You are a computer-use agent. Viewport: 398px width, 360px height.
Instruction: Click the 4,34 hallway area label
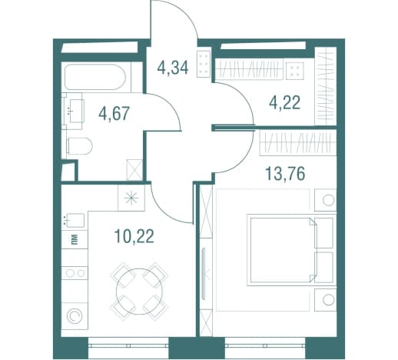pos(173,68)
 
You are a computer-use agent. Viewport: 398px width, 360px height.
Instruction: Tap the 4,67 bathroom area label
pos(114,113)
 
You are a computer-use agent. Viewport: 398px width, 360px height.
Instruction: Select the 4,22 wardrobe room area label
pos(284,102)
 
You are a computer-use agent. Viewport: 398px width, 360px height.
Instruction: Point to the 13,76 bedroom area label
pos(285,173)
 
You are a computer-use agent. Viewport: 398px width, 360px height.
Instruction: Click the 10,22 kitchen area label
pos(134,236)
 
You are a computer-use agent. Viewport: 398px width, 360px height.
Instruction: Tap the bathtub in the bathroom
pos(95,77)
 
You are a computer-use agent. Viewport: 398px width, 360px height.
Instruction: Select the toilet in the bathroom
pos(79,146)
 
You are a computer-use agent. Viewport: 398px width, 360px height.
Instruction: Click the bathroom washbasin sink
pos(74,111)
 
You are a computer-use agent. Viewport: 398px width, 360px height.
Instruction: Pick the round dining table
pos(139,292)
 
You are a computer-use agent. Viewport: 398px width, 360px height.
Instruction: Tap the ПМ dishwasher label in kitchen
pos(75,240)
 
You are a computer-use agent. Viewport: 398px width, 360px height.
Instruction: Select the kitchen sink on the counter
pos(75,220)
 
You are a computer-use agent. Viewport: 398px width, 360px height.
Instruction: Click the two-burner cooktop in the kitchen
pos(75,273)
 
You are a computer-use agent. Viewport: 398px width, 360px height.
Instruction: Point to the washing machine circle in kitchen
pos(75,315)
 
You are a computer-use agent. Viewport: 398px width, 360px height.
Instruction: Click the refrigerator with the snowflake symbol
pos(131,198)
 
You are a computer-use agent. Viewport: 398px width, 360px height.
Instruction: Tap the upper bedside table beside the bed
pos(325,200)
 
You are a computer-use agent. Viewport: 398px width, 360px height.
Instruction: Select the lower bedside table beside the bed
pos(325,300)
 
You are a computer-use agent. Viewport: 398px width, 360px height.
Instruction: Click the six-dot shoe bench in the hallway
pos(204,64)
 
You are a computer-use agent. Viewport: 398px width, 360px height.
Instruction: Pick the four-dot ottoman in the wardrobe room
pos(295,70)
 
